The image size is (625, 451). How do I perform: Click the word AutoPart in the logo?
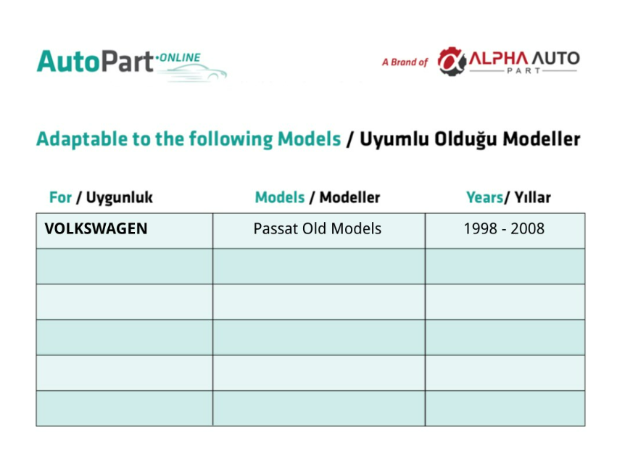95,61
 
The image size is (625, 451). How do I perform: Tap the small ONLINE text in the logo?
180,58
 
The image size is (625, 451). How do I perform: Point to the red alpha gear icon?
452,61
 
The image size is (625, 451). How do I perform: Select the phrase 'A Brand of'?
405,62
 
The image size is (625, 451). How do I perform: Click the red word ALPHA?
498,59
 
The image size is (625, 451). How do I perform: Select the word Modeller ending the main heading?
542,139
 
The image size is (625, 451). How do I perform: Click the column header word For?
60,197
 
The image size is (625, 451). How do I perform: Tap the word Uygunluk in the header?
119,198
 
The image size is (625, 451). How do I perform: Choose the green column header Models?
280,197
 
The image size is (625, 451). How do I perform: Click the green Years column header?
484,197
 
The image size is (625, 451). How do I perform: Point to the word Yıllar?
532,197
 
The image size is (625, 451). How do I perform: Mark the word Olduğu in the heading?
465,139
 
